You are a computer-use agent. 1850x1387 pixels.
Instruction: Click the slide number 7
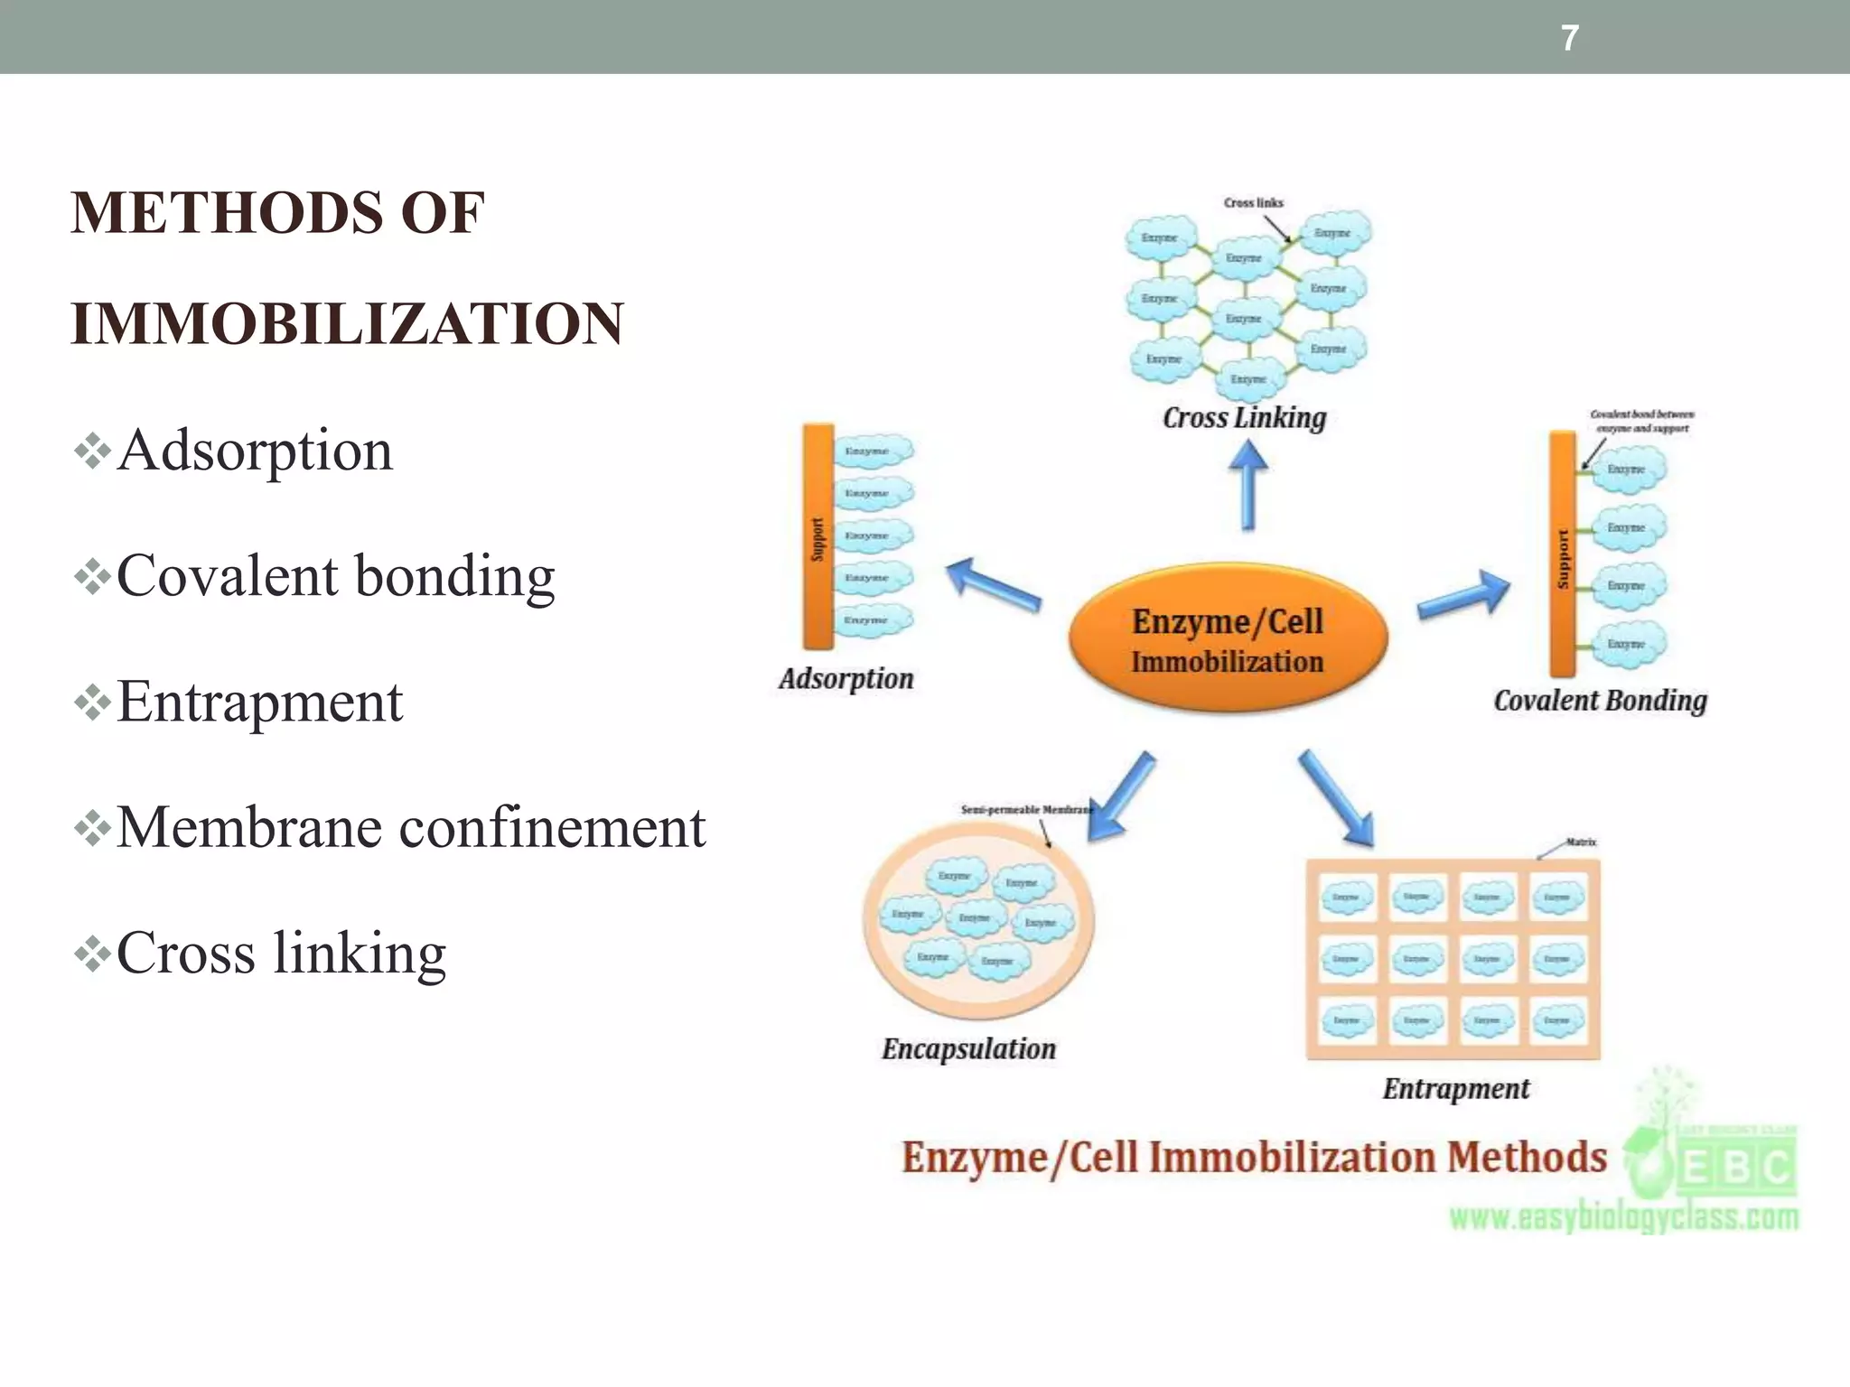(1570, 38)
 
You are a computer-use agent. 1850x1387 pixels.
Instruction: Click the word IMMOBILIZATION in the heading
(347, 323)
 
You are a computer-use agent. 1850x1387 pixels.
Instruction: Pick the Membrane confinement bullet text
(410, 827)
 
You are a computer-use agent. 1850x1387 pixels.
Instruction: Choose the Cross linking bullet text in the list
(281, 953)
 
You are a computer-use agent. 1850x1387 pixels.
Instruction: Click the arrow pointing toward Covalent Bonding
(1464, 597)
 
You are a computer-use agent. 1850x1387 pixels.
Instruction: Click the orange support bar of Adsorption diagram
(818, 536)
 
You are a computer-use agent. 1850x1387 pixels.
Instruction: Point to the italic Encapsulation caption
(968, 1049)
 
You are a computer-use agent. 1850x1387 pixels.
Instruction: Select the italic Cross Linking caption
(1244, 418)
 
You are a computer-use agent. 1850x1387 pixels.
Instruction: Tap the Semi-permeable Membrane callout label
(1026, 810)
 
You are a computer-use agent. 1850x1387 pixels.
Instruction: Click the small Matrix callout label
(1581, 842)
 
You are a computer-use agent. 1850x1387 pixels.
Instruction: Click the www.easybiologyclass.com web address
(1623, 1218)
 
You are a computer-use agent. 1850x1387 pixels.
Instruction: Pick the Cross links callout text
(1253, 203)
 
